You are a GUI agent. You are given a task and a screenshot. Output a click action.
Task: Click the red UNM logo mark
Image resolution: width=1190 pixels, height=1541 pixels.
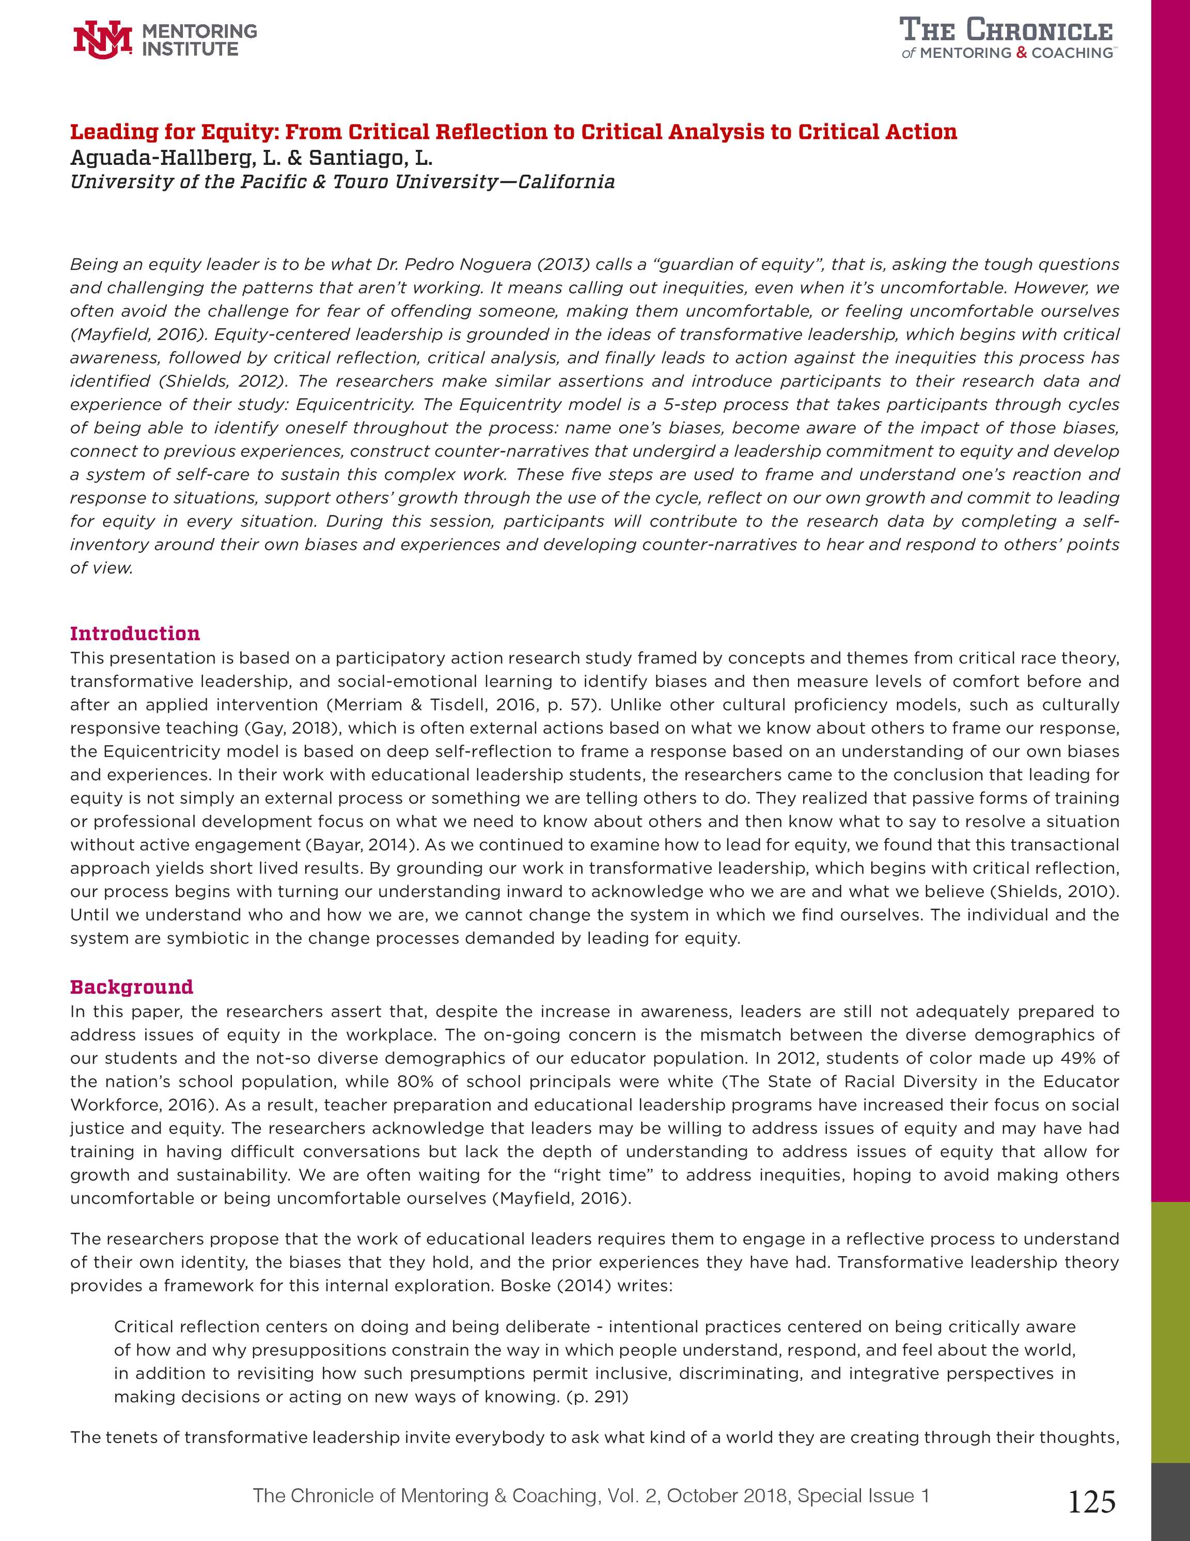102,39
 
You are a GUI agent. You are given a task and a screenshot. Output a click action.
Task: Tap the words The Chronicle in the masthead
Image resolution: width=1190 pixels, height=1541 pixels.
1006,31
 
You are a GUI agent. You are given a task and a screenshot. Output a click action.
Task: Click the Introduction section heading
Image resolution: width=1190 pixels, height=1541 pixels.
135,633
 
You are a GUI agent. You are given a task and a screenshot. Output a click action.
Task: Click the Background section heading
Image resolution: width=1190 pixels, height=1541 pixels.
131,987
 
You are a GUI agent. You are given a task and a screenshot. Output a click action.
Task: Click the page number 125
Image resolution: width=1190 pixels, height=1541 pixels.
1092,1503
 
